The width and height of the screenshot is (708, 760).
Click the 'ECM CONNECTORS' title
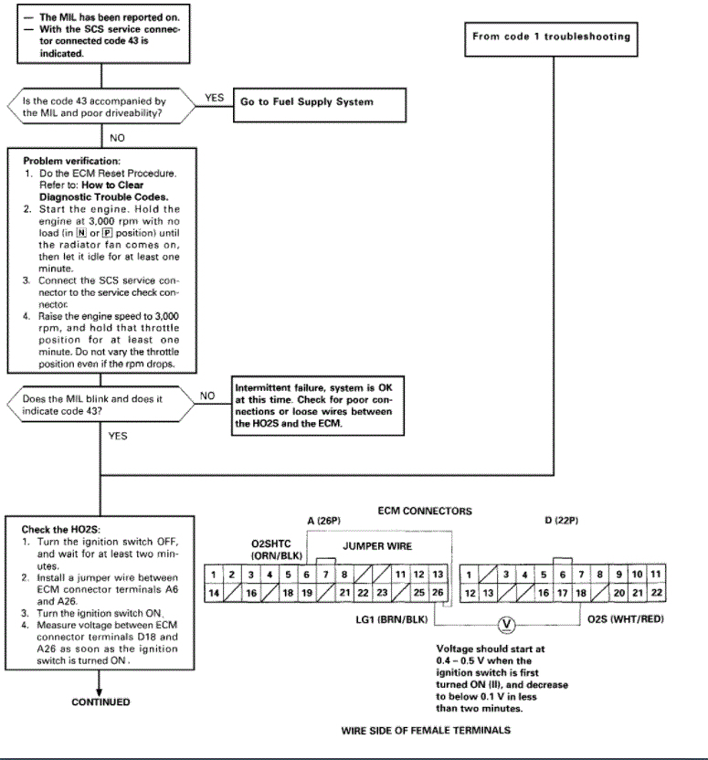[x=425, y=511]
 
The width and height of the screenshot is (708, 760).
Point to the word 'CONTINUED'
[x=100, y=702]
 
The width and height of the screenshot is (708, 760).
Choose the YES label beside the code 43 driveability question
[x=213, y=98]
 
